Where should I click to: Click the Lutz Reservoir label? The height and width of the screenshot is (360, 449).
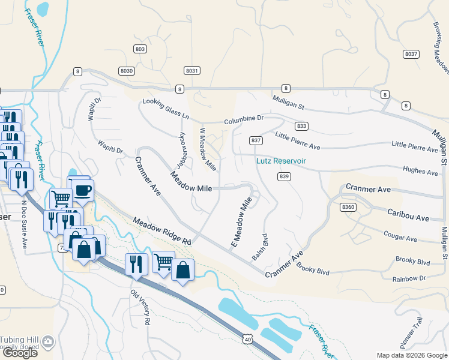click(281, 161)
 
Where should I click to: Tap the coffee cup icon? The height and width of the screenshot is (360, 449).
click(83, 191)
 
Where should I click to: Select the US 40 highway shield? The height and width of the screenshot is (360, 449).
click(247, 340)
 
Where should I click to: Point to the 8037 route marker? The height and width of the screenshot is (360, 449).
click(411, 54)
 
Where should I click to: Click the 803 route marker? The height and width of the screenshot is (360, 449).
click(140, 49)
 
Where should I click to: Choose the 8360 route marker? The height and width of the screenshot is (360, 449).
click(348, 206)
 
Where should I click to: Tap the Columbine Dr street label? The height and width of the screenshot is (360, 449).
click(244, 119)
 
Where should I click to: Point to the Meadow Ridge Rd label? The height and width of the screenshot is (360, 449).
click(161, 231)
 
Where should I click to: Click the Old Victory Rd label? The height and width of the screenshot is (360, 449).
click(140, 307)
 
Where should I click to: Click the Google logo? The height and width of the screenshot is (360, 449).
click(19, 353)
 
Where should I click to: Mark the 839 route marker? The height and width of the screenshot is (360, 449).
click(285, 176)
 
